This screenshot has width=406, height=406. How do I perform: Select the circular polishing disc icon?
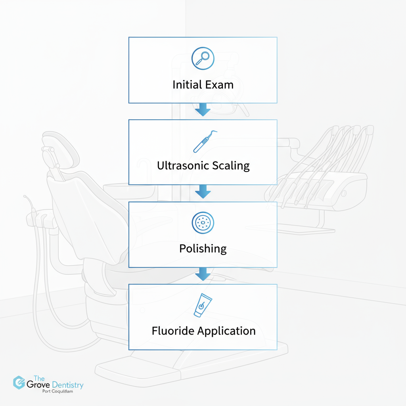(x=203, y=223)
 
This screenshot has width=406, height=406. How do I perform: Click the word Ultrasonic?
(x=182, y=165)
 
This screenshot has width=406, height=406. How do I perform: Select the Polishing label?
(x=203, y=249)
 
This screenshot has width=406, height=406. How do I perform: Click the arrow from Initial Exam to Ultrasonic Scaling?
(x=203, y=109)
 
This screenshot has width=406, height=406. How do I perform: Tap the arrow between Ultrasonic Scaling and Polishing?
(x=203, y=192)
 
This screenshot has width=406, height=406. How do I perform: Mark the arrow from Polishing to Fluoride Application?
(x=203, y=274)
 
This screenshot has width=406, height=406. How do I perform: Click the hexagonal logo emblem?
(x=19, y=382)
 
